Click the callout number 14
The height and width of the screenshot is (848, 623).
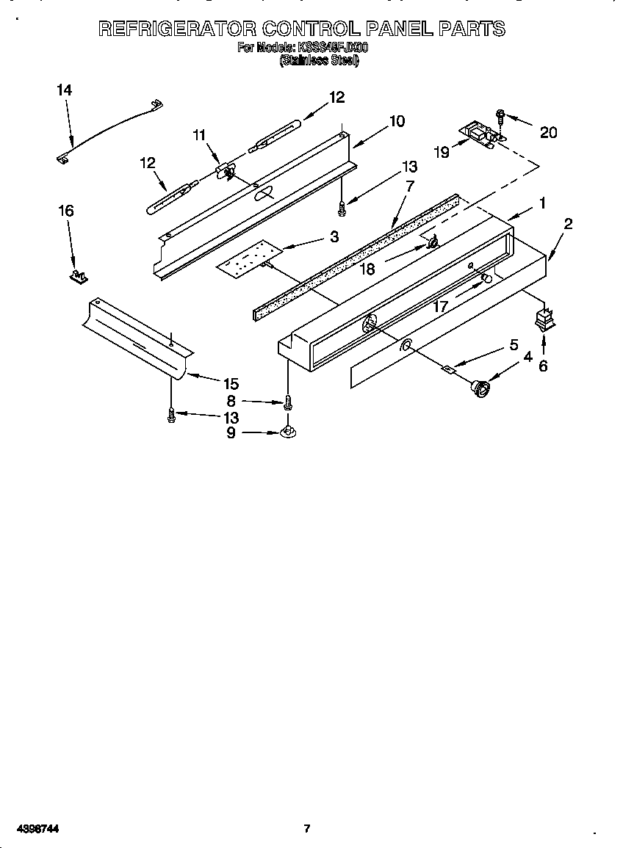pos(65,90)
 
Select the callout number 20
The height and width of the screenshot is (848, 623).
pos(548,132)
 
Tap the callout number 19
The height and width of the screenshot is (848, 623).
pos(441,152)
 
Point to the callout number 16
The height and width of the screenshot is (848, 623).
pos(65,211)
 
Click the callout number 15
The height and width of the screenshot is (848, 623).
pos(231,383)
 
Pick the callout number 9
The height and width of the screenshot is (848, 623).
pos(231,433)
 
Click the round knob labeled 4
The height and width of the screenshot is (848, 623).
pos(481,388)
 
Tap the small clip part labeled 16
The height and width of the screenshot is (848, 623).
pos(78,276)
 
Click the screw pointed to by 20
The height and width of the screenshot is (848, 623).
pos(500,115)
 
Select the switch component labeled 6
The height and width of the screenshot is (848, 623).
pos(543,319)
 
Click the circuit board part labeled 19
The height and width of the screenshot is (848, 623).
pos(479,134)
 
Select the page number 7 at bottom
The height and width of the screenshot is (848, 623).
pos(307,829)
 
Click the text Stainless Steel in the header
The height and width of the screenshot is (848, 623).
pos(318,62)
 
